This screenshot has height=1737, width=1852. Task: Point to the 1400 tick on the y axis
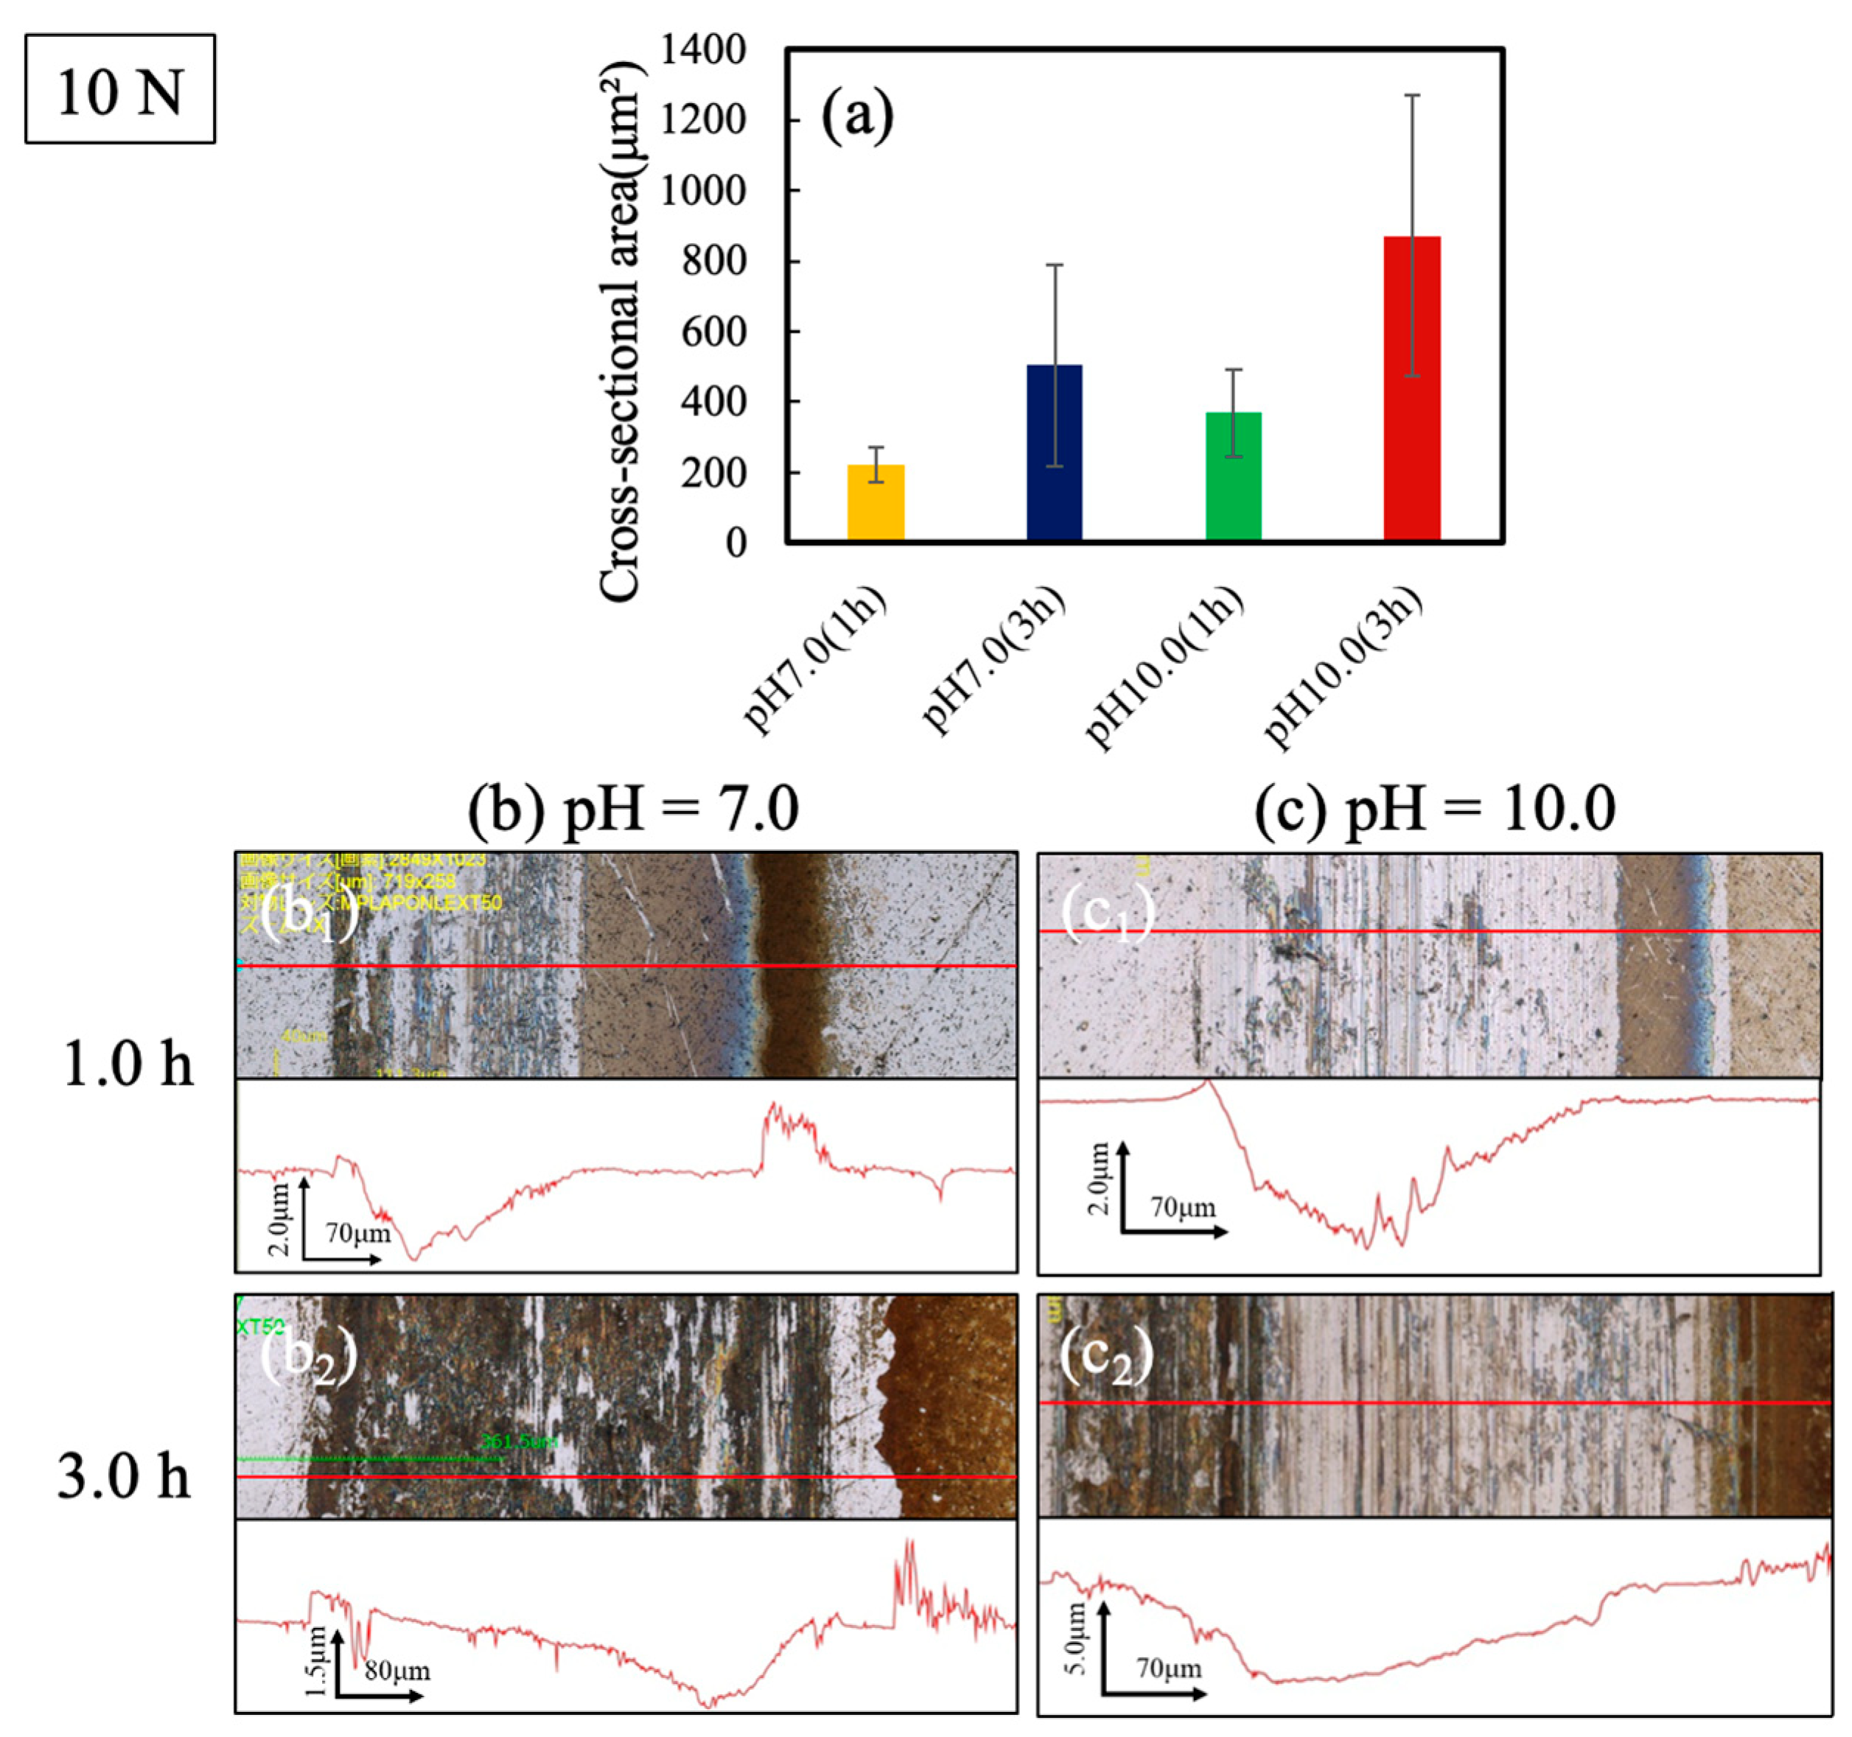point(703,49)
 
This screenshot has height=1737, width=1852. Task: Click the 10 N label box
point(119,89)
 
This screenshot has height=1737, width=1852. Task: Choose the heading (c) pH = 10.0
point(1435,808)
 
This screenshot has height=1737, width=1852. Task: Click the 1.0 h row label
point(127,1063)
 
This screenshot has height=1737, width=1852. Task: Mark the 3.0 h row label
point(124,1476)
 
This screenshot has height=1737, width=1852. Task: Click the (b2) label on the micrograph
point(308,1358)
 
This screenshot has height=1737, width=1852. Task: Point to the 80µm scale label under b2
point(396,1670)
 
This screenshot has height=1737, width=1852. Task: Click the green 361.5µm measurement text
point(519,1441)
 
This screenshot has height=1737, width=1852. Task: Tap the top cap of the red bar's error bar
point(1412,95)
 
